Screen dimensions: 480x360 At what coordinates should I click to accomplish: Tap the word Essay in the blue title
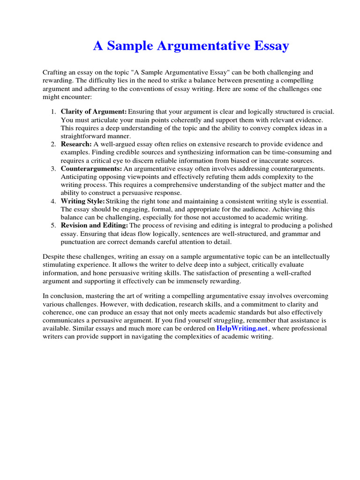[x=271, y=46]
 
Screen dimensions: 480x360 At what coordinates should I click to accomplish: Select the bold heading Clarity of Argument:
[x=94, y=112]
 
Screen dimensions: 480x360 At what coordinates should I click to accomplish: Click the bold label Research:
[x=76, y=144]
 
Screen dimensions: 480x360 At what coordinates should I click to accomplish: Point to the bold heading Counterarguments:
[x=91, y=168]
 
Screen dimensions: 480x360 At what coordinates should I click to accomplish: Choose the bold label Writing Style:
[x=83, y=201]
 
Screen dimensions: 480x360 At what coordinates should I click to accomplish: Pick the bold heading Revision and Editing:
[x=94, y=225]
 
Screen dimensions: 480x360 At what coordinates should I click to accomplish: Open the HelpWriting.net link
[x=242, y=329]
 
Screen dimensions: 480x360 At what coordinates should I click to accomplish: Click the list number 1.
[x=52, y=112]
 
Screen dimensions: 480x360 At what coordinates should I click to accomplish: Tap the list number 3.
[x=52, y=168]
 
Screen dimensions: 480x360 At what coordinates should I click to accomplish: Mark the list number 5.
[x=52, y=225]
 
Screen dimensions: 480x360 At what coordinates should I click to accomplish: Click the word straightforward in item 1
[x=82, y=136]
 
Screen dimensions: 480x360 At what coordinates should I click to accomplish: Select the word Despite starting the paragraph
[x=53, y=257]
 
